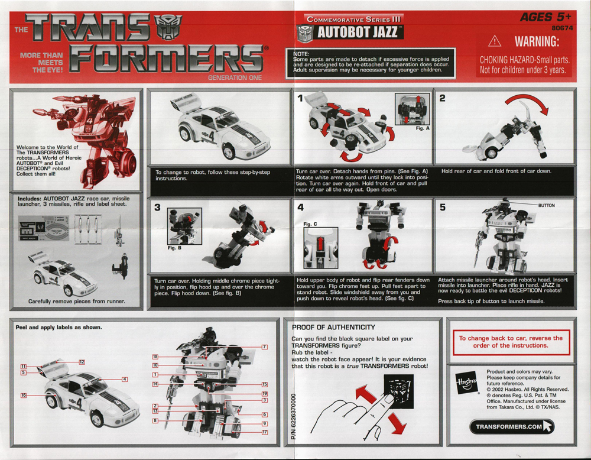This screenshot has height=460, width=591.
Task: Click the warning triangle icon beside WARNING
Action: click(x=495, y=43)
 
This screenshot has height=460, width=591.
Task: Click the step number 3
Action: click(x=157, y=208)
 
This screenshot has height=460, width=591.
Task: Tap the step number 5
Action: click(x=441, y=208)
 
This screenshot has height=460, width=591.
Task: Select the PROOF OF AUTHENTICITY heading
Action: click(x=334, y=327)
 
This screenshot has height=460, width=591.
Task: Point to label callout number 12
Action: click(x=82, y=362)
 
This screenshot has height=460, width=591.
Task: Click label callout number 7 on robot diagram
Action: click(x=265, y=347)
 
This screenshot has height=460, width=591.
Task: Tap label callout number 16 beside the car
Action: click(x=25, y=396)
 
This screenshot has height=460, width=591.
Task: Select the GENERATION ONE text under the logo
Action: click(x=235, y=77)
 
